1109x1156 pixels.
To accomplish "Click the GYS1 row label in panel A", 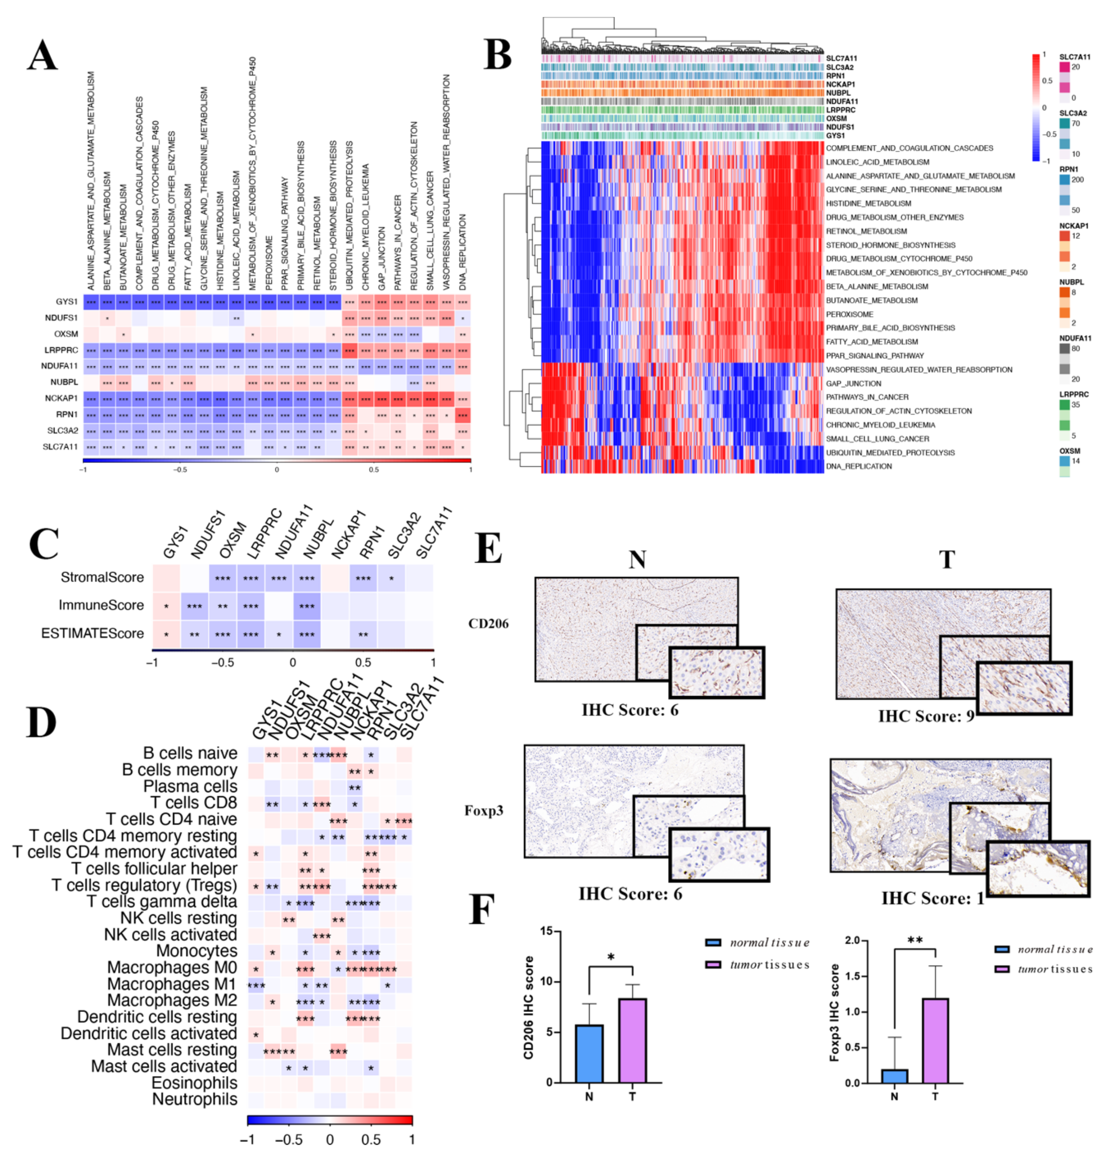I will click(67, 301).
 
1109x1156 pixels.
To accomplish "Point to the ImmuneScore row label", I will click(101, 605).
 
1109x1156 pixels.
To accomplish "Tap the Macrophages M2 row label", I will click(172, 1000).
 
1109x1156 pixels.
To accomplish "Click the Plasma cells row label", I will click(190, 786).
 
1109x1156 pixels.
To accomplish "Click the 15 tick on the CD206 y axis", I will click(546, 931).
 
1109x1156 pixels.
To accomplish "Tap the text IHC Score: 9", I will click(925, 717).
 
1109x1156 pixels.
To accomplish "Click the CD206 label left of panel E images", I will click(489, 623).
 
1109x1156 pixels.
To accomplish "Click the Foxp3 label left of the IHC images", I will click(484, 810).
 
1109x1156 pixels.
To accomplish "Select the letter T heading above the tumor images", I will click(946, 558).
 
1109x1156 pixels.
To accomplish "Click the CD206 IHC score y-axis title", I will click(529, 1007).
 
